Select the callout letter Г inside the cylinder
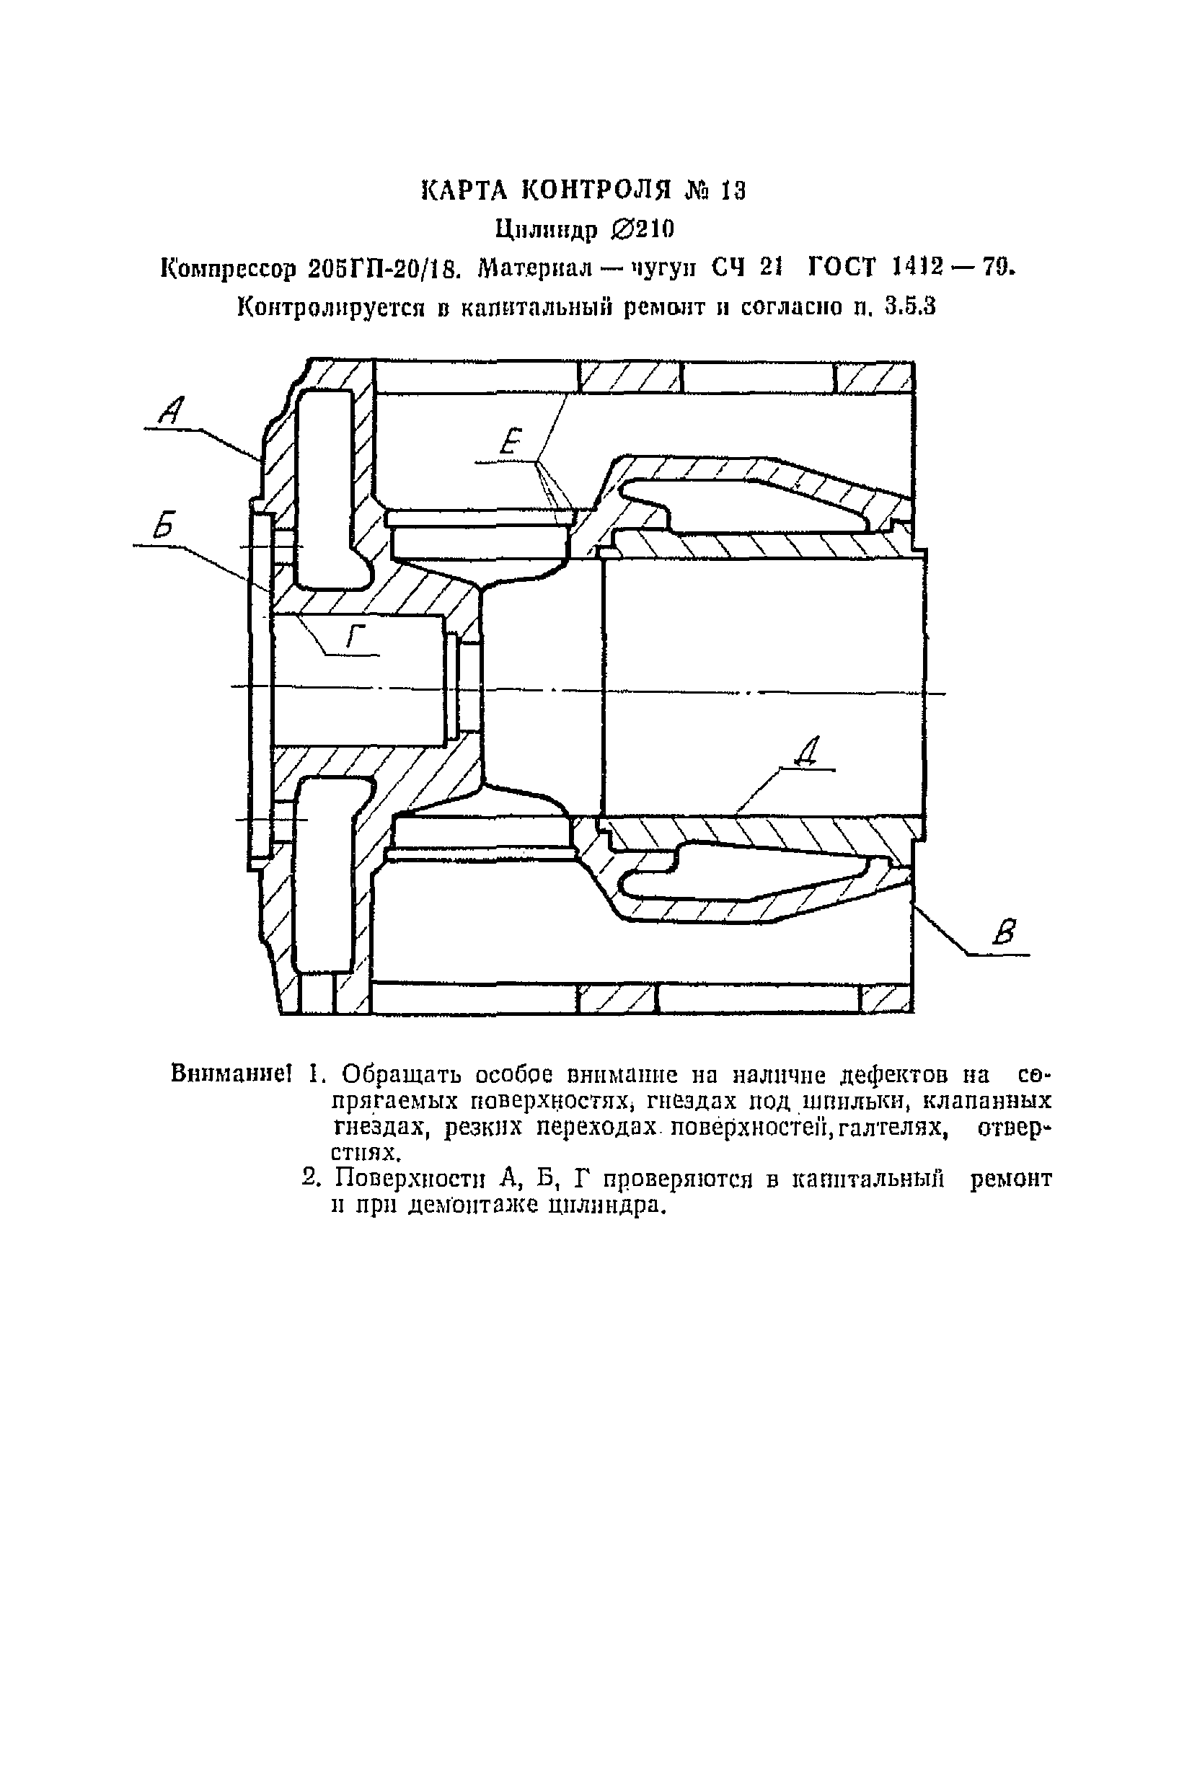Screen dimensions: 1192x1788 [355, 634]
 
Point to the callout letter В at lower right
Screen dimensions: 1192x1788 [1007, 931]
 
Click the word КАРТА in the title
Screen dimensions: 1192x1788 [463, 190]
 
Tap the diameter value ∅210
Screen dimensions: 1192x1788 [642, 229]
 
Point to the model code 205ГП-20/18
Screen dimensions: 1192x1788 [384, 268]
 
